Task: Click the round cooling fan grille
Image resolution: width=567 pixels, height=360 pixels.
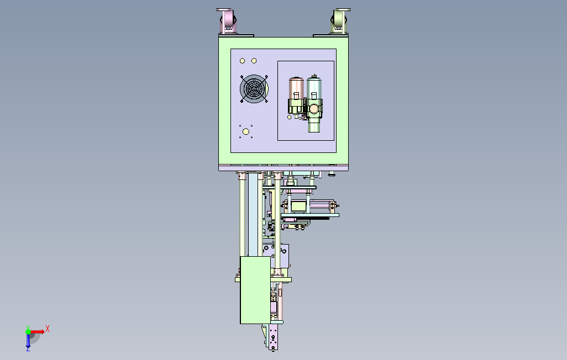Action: [x=254, y=88]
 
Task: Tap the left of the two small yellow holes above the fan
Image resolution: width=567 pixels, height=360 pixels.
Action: [x=242, y=61]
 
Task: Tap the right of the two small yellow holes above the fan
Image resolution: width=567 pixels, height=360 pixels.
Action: [x=254, y=61]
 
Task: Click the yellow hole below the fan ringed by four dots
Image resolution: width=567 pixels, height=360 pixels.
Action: [x=246, y=131]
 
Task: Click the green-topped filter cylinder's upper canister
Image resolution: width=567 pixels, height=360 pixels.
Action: [x=314, y=86]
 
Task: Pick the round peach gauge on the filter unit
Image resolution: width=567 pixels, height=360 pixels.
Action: [x=314, y=108]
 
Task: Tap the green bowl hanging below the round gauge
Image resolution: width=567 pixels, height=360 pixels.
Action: [x=314, y=125]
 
